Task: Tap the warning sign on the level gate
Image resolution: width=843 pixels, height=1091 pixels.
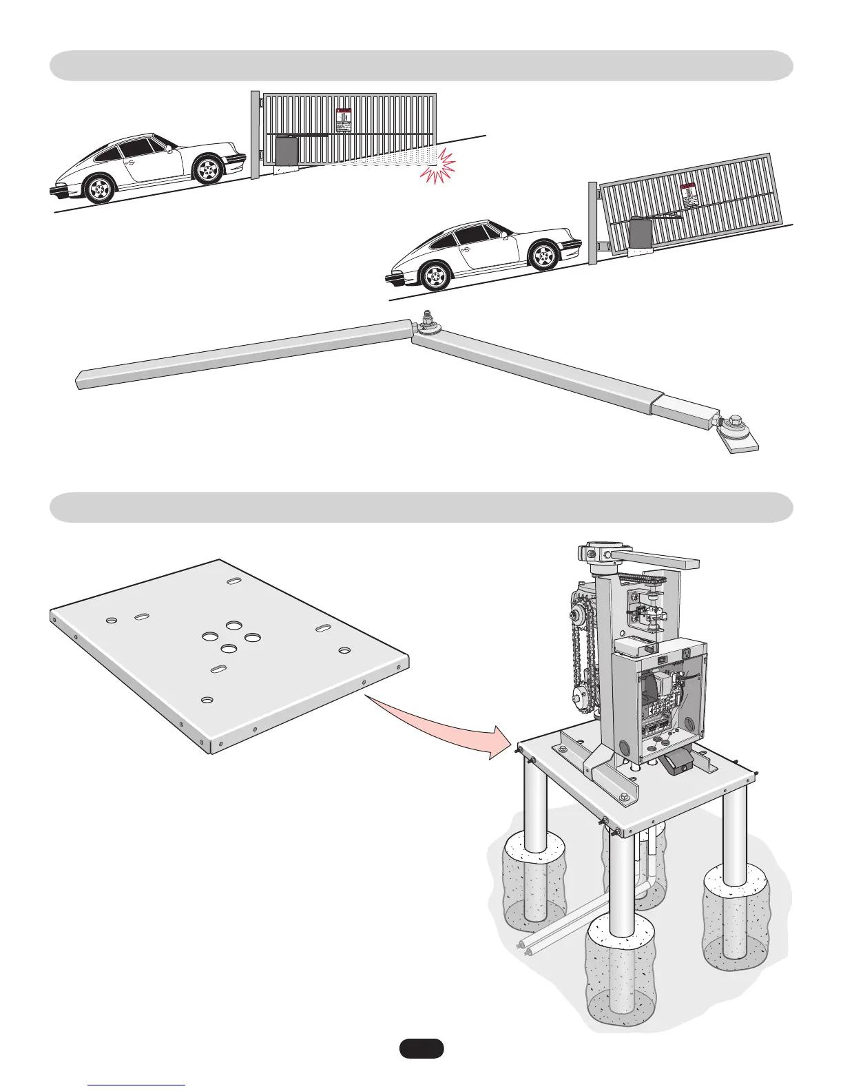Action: (343, 119)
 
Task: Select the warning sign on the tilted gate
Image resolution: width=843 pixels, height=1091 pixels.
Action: (689, 195)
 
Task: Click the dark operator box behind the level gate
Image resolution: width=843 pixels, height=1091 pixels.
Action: (285, 152)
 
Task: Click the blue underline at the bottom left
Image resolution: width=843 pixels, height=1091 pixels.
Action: (137, 1085)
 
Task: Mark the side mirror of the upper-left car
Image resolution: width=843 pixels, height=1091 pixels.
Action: (169, 147)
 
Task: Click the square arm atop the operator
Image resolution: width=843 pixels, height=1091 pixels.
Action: (654, 557)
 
